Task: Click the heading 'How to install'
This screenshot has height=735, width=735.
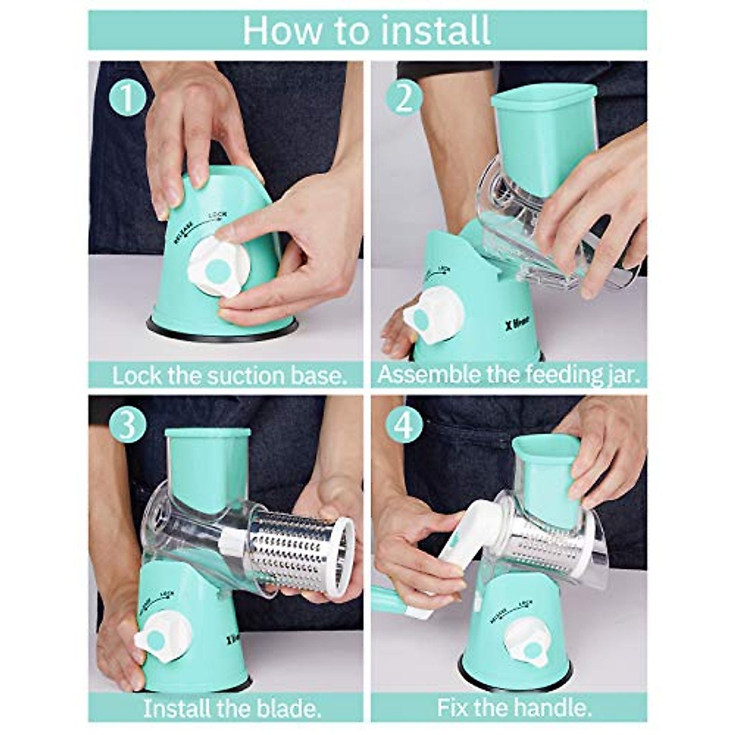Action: [367, 30]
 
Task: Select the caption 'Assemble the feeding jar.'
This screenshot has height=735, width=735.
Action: [508, 375]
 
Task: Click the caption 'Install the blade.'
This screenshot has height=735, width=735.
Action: [232, 709]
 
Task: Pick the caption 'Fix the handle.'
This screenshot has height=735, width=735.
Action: [514, 709]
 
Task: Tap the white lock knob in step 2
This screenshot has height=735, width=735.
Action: [432, 317]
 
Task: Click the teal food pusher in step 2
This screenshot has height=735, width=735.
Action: [543, 138]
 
